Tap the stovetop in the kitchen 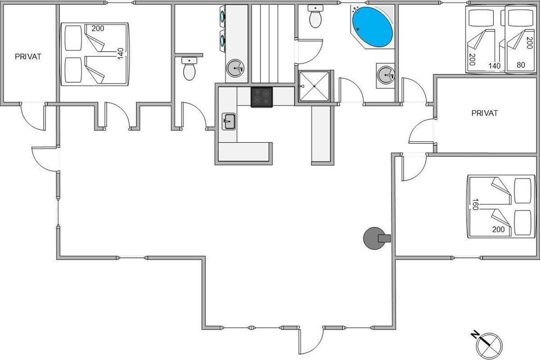point(261,97)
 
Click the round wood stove point(374,238)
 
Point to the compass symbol point(488,344)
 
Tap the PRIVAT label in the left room point(28,57)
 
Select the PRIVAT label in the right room point(485,113)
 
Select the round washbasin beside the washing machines point(235,69)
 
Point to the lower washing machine point(223,40)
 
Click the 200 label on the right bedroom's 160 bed point(498,229)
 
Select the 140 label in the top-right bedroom point(494,66)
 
